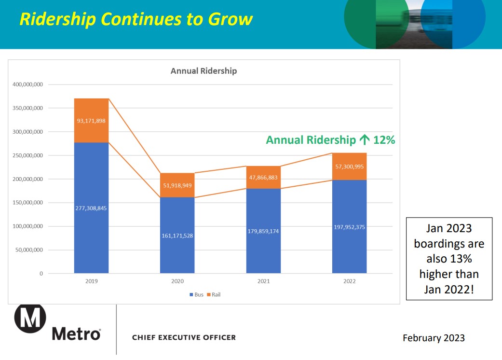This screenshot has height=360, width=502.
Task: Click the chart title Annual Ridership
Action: click(204, 71)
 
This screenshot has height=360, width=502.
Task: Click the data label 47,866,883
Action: click(263, 178)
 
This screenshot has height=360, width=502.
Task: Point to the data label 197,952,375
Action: click(349, 227)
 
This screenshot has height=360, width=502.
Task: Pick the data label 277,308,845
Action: click(91, 208)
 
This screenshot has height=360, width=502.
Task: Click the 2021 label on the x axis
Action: click(263, 281)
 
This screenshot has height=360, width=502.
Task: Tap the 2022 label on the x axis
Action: click(349, 281)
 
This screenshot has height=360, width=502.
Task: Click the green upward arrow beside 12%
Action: click(365, 140)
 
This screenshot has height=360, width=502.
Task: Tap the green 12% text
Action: click(384, 140)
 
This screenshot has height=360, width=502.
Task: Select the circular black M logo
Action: click(30, 319)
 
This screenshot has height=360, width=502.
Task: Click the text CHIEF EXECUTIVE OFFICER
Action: click(184, 337)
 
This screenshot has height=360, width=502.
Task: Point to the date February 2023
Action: click(434, 338)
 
